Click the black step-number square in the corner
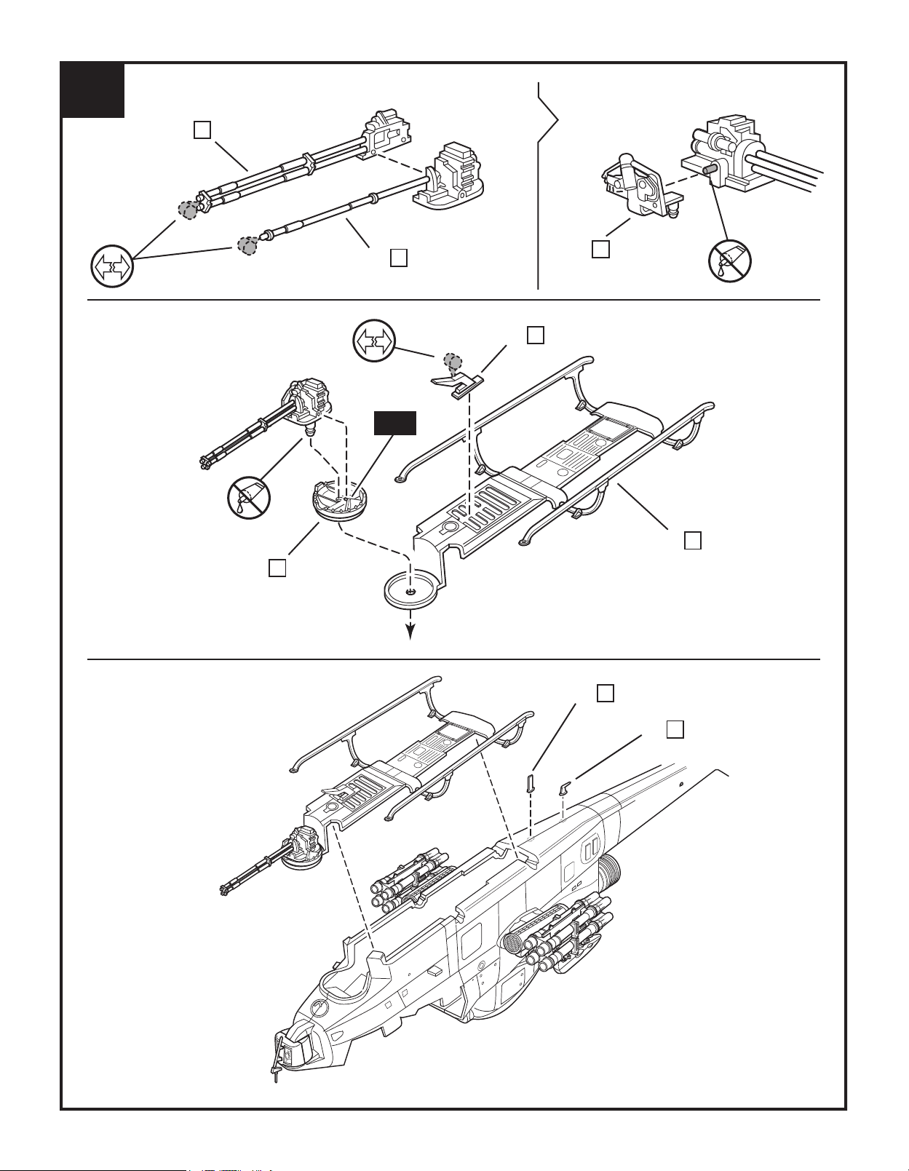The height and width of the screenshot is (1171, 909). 93,90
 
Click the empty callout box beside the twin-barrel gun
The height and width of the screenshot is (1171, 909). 202,130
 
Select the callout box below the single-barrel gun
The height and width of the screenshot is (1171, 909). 398,258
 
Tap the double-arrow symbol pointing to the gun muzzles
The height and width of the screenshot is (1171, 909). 112,266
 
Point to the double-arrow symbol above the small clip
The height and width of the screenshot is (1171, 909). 373,341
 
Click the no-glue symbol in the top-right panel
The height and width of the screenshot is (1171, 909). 730,261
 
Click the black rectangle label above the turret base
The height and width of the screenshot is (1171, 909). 395,424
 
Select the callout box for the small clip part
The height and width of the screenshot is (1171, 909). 535,335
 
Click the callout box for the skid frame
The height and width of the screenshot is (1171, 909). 693,540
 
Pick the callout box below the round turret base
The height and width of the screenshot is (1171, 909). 277,568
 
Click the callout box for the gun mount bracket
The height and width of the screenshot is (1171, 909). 600,249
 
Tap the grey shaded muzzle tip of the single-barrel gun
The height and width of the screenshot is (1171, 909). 247,245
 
